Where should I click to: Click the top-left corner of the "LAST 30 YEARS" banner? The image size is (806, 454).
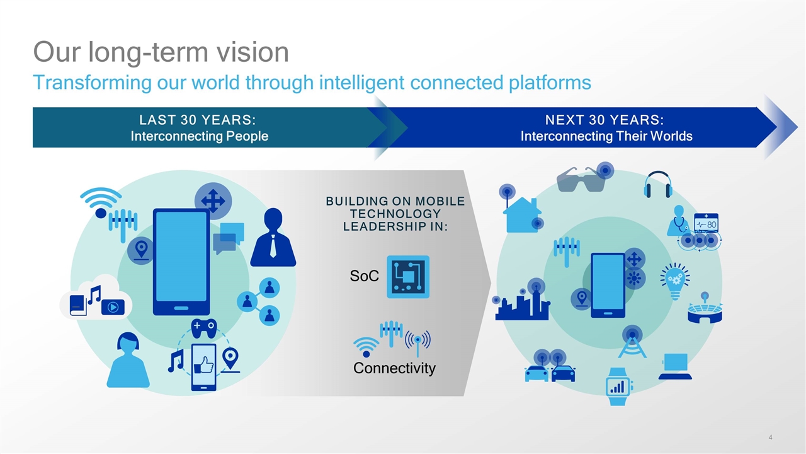point(33,107)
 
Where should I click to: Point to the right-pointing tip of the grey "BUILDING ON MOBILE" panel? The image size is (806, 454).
point(491,283)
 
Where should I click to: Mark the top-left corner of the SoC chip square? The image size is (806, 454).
point(387,256)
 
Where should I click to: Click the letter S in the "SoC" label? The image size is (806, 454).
point(354,276)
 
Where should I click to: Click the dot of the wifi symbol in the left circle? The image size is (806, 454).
point(101,213)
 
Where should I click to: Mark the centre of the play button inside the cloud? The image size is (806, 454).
point(113,307)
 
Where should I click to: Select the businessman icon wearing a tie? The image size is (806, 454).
point(273,237)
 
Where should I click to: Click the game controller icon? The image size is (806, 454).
point(204,328)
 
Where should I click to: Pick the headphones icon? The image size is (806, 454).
point(658,185)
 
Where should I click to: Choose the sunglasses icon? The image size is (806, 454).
point(581,180)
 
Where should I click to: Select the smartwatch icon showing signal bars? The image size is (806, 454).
point(618,387)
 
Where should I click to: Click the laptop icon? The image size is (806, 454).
point(676,366)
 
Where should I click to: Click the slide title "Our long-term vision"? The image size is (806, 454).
point(161,52)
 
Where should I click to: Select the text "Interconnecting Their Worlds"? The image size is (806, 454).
point(606,136)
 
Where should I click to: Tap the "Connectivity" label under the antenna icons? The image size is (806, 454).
point(394,368)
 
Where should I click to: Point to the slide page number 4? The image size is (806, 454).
point(770,438)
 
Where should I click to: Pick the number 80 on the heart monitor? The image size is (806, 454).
point(712,225)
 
